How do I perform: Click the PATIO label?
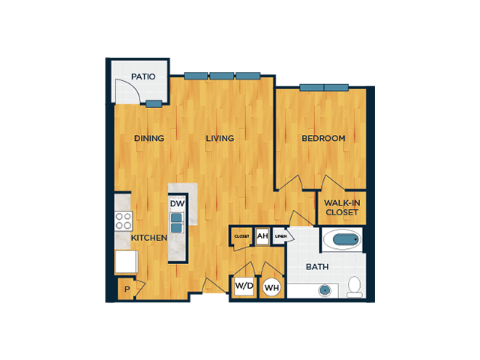(x=143, y=76)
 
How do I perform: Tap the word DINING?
(x=149, y=138)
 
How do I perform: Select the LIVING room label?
(x=220, y=138)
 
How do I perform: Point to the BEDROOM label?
(x=323, y=138)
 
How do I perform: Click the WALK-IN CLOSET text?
(x=342, y=208)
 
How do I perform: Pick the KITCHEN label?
(x=149, y=238)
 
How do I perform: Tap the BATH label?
(x=317, y=267)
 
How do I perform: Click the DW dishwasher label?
(x=177, y=204)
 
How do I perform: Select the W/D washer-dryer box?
(x=244, y=286)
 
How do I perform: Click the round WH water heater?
(x=271, y=287)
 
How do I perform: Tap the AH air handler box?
(x=262, y=236)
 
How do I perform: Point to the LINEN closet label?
(x=280, y=236)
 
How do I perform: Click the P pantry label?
(x=127, y=289)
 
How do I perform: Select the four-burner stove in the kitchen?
(x=123, y=221)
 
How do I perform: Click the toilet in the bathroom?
(x=355, y=287)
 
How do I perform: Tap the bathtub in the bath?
(x=342, y=239)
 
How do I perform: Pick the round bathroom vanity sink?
(x=324, y=290)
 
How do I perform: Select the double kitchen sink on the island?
(x=176, y=223)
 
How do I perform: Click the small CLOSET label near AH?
(x=241, y=236)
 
